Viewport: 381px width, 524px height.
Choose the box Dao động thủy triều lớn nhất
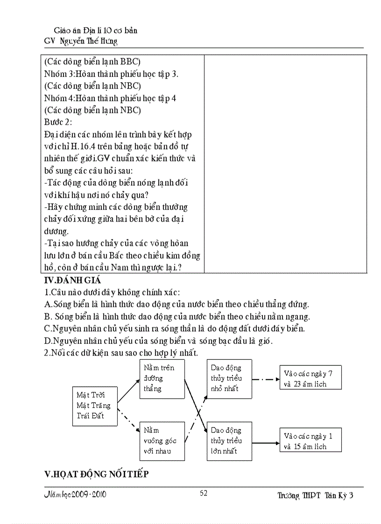[229, 440]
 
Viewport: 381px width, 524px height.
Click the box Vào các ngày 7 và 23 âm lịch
[310, 378]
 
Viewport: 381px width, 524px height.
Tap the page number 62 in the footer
[204, 493]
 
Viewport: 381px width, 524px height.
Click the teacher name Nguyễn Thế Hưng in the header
[89, 41]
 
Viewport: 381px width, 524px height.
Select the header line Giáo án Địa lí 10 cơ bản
[92, 30]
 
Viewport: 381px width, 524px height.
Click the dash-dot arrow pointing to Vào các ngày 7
[265, 379]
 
